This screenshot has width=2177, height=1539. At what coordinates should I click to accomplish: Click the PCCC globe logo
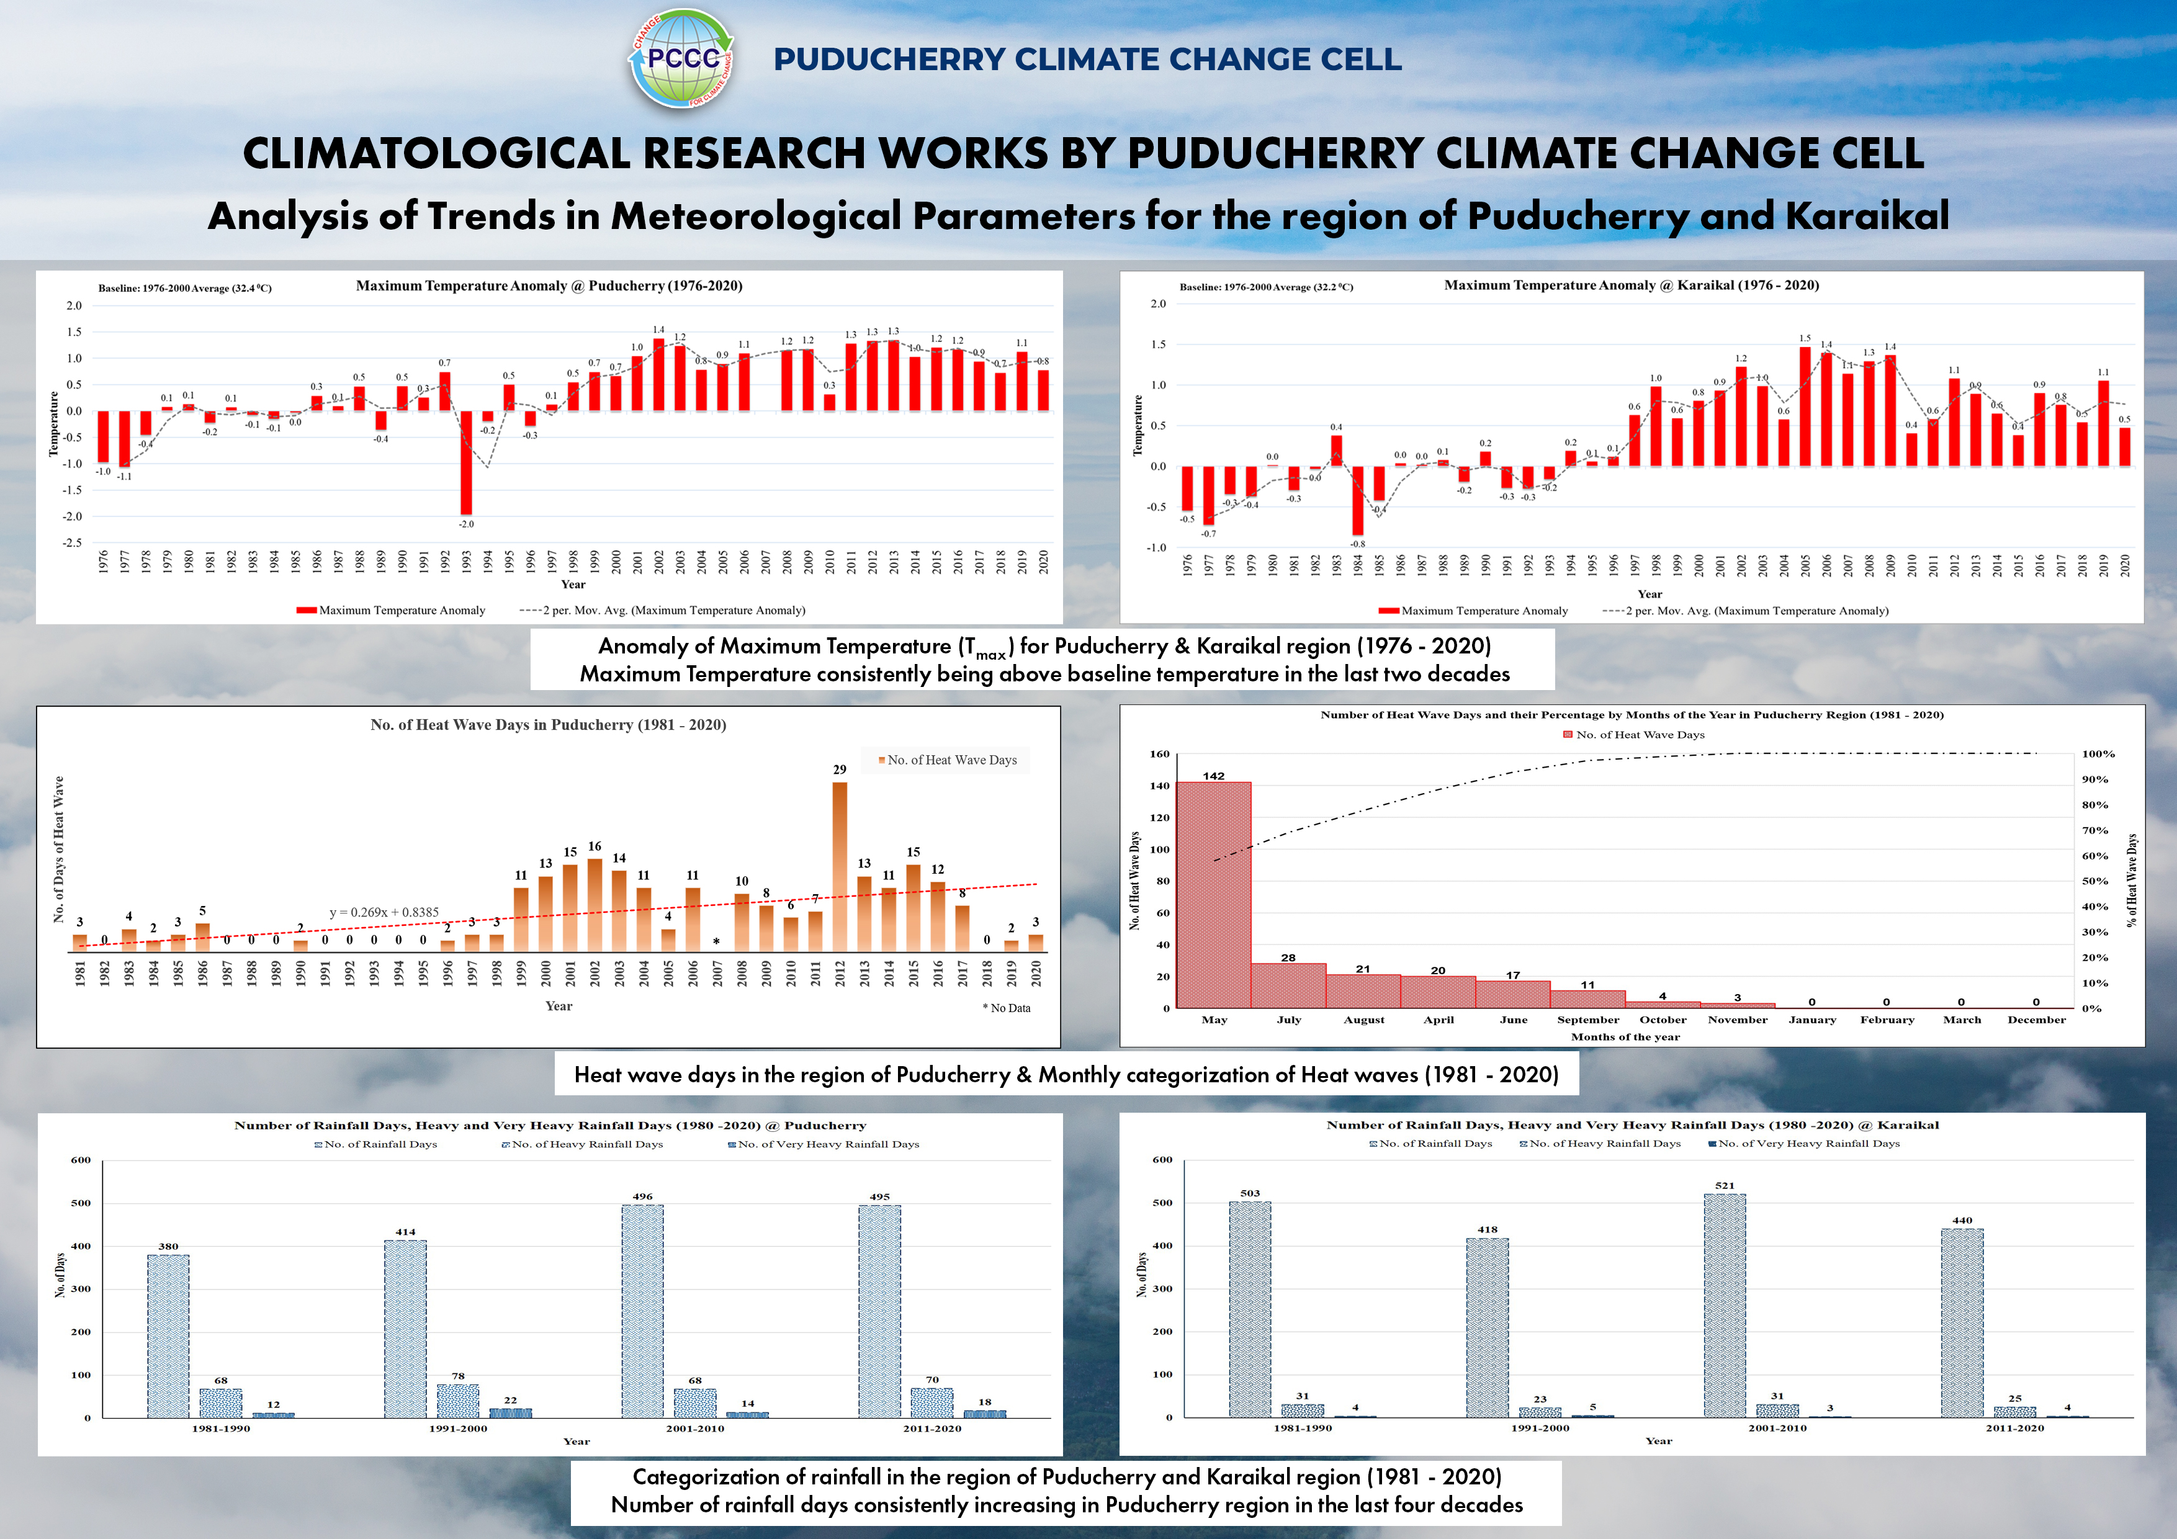click(x=682, y=59)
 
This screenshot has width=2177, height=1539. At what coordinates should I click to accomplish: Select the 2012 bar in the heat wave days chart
click(x=839, y=866)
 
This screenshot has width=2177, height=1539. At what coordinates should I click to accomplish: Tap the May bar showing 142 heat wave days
click(x=1214, y=894)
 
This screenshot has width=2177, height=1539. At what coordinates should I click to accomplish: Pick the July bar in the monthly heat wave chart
click(x=1288, y=985)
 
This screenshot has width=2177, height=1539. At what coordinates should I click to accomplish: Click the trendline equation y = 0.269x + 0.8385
click(x=384, y=912)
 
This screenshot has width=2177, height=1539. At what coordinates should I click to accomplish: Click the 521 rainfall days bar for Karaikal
click(x=1725, y=1305)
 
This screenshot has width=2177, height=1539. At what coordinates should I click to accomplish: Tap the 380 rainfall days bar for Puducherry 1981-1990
click(x=168, y=1336)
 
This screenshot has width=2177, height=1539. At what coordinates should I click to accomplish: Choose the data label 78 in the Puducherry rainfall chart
click(x=458, y=1376)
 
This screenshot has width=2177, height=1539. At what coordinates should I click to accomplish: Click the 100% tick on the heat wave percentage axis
click(x=2098, y=754)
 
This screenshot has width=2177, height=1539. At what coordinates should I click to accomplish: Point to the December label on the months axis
click(x=2036, y=1020)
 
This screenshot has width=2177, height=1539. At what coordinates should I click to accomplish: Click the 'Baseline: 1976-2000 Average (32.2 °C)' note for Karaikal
click(x=1266, y=286)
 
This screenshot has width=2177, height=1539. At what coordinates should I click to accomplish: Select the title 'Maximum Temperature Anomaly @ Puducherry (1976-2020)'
click(x=549, y=285)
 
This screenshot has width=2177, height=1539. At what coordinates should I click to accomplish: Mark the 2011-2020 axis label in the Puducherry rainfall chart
click(x=932, y=1428)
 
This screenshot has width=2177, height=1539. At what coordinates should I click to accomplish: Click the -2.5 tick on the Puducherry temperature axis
click(x=72, y=542)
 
